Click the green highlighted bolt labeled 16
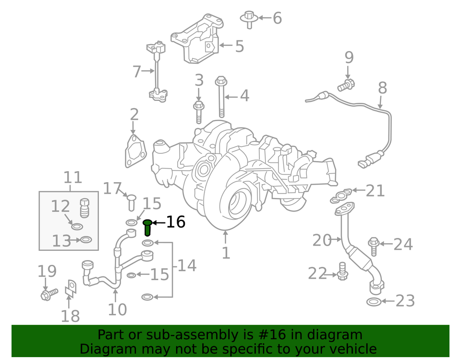[147, 227]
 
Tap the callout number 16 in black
[175, 222]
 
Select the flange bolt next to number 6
[248, 18]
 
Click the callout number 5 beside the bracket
[239, 47]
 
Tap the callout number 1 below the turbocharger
[226, 252]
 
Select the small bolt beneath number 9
[345, 86]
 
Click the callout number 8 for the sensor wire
[382, 88]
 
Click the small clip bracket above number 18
[70, 287]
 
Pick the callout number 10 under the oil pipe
[117, 309]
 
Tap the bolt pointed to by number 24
[374, 246]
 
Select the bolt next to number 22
[342, 271]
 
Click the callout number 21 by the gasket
[375, 191]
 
